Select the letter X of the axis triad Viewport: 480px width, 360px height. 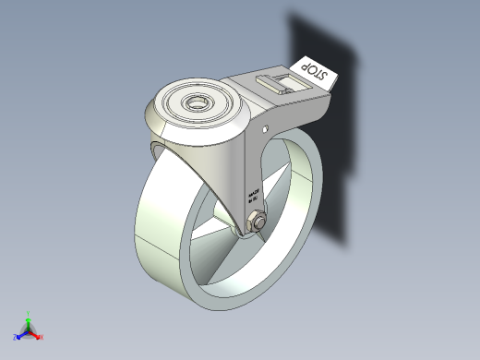(x=42, y=338)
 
